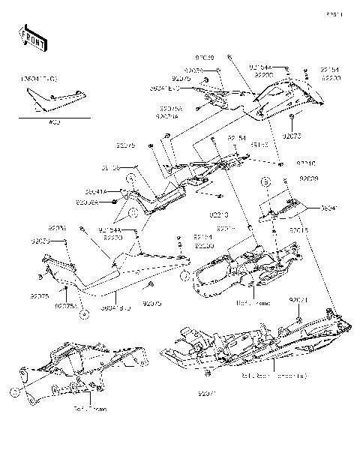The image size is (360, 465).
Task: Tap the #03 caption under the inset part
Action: pos(53,123)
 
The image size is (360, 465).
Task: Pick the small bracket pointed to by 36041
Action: pos(285,208)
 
